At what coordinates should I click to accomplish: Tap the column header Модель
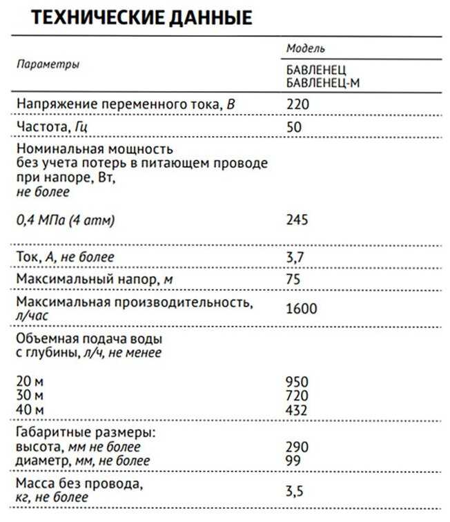point(305,49)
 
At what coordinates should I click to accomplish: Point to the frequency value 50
point(294,127)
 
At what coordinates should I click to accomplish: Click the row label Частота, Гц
point(53,127)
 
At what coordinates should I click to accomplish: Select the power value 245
point(297,220)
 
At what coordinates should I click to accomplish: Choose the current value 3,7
point(295,257)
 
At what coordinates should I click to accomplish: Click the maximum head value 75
point(293,280)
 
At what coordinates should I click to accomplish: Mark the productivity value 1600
point(301,309)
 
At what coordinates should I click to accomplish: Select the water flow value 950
point(297,381)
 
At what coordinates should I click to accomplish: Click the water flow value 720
point(297,394)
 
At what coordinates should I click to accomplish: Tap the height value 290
point(297,447)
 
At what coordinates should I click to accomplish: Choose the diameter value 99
point(293,460)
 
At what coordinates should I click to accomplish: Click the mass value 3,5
point(295,490)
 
